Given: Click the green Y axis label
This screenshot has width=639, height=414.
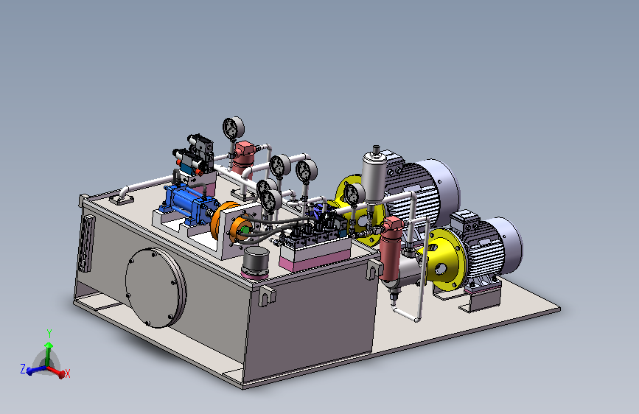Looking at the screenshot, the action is [49, 334].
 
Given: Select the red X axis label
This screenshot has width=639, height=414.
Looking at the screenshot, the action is [68, 373].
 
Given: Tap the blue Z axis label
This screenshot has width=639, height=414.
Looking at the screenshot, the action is [24, 369].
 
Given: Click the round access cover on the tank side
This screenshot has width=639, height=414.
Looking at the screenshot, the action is [156, 288].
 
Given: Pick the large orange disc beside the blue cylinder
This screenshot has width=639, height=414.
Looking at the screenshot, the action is [221, 222].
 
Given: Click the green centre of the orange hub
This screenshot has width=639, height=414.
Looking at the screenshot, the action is [245, 231].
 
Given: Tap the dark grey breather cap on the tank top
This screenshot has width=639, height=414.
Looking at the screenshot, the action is [256, 262].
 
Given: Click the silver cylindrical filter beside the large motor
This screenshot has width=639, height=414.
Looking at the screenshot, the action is [374, 175].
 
